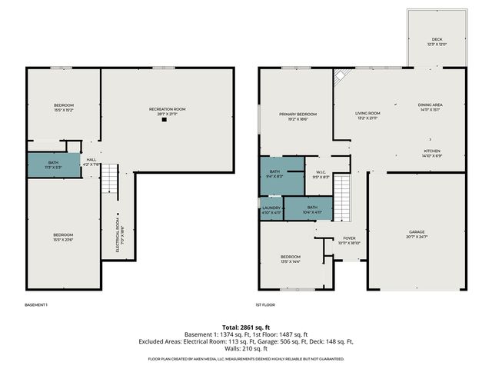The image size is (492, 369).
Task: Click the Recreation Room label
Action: click(167, 109)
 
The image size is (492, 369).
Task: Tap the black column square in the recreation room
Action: click(163, 120)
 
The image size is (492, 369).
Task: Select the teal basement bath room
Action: click(53, 165)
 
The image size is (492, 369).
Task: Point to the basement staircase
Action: click(111, 180)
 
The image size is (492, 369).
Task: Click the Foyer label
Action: click(349, 238)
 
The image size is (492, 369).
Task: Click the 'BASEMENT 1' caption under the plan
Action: click(36, 304)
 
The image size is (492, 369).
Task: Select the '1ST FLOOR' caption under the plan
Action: click(265, 304)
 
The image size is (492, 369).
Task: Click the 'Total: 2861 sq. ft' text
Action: click(246, 327)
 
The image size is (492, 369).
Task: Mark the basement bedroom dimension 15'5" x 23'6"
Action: click(63, 239)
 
